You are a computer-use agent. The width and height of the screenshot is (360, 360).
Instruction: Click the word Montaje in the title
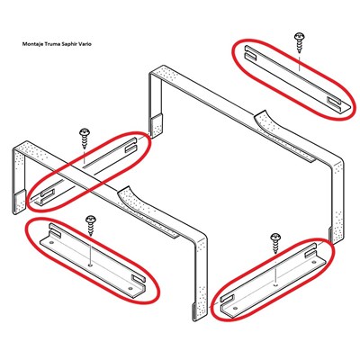pyautogui.click(x=29, y=44)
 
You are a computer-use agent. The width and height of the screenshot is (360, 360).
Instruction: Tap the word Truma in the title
pyautogui.click(x=42, y=44)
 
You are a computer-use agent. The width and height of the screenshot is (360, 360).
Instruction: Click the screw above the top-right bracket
pyautogui.click(x=300, y=42)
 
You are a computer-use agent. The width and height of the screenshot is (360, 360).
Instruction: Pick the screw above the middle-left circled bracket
pyautogui.click(x=85, y=139)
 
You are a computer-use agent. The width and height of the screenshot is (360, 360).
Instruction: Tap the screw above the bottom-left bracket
pyautogui.click(x=91, y=226)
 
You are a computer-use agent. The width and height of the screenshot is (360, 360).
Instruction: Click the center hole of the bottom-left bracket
pyautogui.click(x=90, y=265)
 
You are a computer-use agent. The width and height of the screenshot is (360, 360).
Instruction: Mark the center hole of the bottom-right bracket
pyautogui.click(x=276, y=283)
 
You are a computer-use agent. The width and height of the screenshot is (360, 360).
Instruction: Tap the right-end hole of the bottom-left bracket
pyautogui.click(x=130, y=288)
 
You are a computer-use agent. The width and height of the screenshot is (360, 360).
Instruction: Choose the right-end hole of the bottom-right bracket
pyautogui.click(x=314, y=262)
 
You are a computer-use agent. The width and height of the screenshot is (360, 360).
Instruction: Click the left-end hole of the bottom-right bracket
pyautogui.click(x=235, y=308)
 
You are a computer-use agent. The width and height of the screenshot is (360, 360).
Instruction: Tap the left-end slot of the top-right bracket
pyautogui.click(x=250, y=52)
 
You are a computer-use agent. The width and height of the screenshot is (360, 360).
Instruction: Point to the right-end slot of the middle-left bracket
pyautogui.click(x=130, y=145)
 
